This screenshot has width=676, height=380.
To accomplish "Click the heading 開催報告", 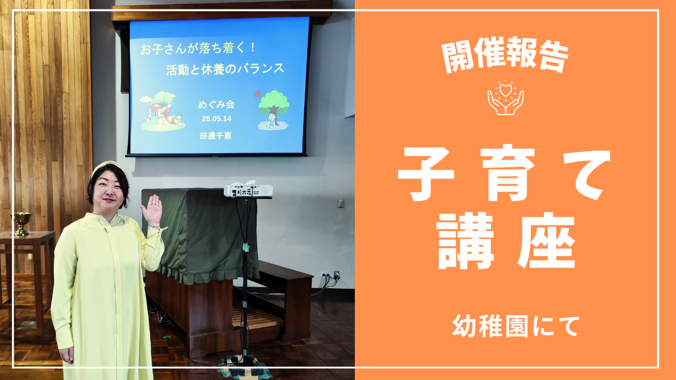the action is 505,55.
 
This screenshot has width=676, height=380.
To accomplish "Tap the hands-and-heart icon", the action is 505,98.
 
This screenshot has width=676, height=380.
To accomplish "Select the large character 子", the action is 426,174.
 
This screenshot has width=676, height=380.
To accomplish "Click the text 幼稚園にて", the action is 516,326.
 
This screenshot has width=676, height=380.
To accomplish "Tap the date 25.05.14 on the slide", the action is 217,119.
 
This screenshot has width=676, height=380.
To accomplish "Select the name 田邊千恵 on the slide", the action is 215,136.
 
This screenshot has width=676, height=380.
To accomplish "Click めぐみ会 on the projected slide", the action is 216,104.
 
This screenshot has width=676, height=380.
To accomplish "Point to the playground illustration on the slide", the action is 162,111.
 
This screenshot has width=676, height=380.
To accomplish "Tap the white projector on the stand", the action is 248,191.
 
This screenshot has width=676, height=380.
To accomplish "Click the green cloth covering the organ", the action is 199,235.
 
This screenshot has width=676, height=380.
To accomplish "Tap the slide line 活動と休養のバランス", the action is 225,69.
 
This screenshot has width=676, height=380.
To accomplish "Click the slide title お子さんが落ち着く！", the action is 198,48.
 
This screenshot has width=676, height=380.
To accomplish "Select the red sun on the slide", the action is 257,94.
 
